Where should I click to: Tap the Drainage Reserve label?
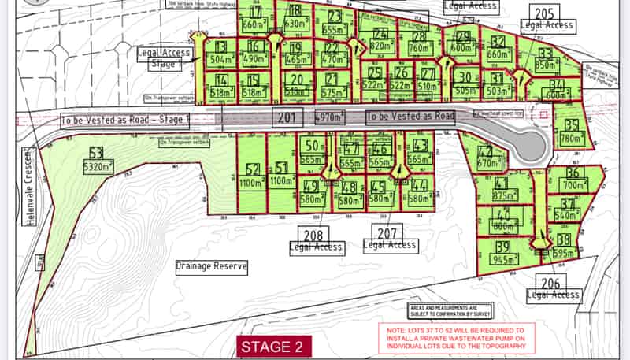coord(211,266)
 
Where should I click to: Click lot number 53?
coord(96,153)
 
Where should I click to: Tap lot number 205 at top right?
coord(546,13)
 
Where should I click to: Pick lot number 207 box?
coord(386,232)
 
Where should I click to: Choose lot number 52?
coord(253,169)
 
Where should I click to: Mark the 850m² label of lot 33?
coord(544,65)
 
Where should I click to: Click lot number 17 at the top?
coord(255,12)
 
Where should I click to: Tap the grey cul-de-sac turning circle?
coord(529,144)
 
